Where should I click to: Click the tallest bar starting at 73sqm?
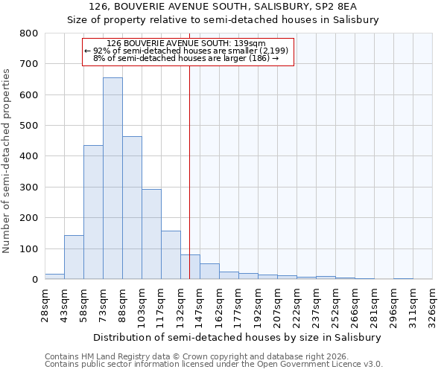112,179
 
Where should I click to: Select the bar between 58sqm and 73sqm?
93,212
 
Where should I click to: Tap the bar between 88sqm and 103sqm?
132,208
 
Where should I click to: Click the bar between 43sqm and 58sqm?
74,257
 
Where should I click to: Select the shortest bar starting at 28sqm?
54,276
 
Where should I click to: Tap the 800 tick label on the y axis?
28,33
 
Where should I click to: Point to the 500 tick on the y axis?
28,126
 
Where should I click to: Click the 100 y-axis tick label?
28,248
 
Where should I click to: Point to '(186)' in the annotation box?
260,58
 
